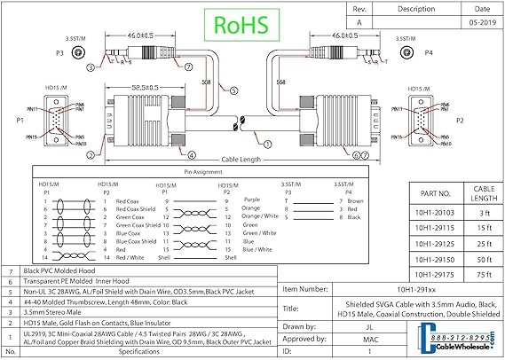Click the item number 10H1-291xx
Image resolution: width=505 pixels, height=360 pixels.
[392, 289]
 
